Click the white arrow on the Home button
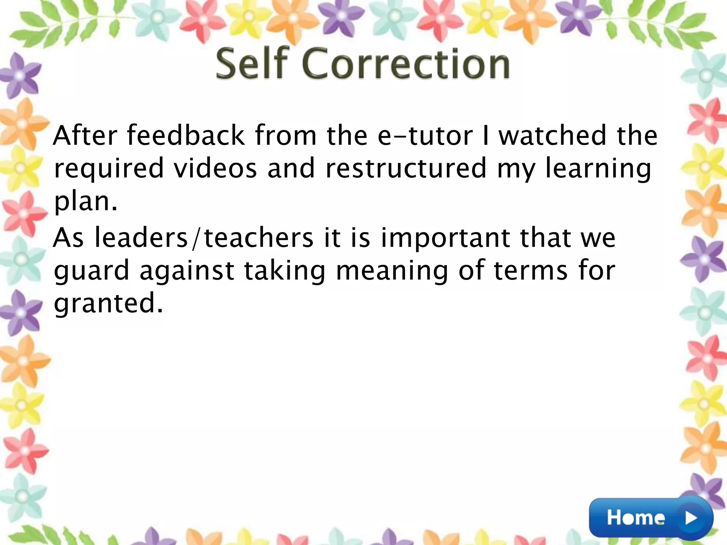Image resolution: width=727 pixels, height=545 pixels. (692, 518)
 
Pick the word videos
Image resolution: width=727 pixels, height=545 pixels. (215, 168)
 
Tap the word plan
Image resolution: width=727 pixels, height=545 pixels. (86, 202)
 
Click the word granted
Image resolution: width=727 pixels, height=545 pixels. (108, 304)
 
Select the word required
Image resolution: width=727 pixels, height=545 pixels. (109, 169)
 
